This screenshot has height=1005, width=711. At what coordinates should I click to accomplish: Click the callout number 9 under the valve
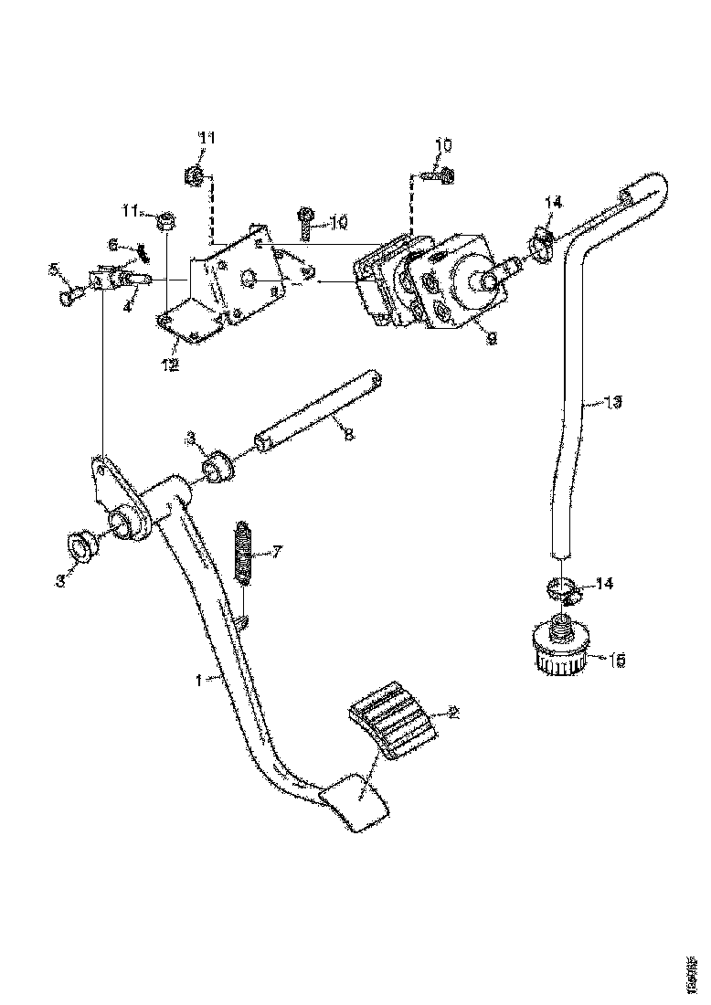click(491, 339)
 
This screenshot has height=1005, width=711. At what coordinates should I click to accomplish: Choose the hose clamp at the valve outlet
click(540, 244)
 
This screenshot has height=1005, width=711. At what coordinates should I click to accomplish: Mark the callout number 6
click(113, 244)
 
